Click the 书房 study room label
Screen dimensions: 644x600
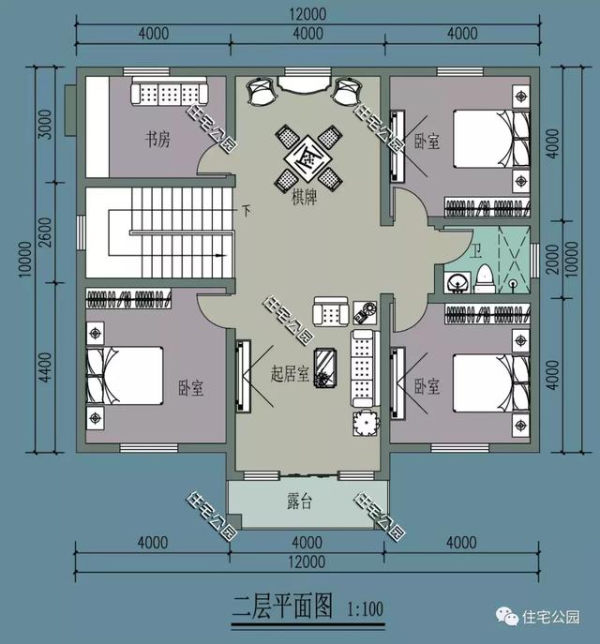click(x=157, y=141)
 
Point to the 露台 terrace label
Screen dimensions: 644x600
click(x=299, y=502)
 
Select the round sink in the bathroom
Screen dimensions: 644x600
click(x=459, y=280)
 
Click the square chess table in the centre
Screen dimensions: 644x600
click(x=307, y=155)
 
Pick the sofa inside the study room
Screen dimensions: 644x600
click(x=170, y=94)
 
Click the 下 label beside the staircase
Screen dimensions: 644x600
click(x=246, y=209)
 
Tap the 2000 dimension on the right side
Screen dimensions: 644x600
click(x=553, y=256)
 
